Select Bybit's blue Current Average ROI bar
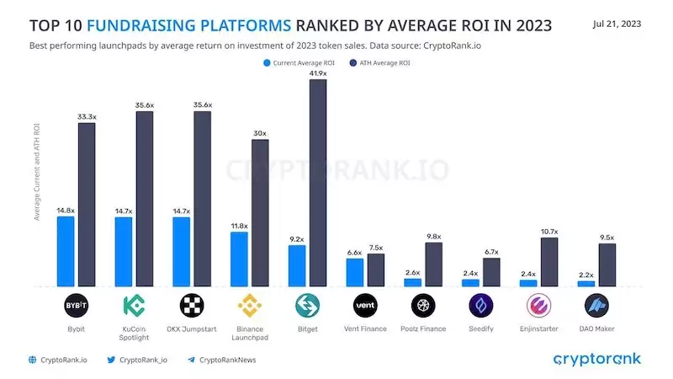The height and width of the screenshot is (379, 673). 66,251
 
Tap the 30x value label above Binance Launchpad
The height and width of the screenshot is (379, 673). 260,133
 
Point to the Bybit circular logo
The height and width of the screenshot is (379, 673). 77,305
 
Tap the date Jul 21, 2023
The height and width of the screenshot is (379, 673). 617,24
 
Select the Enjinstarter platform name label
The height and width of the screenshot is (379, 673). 538,328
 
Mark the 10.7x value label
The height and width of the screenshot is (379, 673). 549,231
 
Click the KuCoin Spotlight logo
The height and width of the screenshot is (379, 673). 134,305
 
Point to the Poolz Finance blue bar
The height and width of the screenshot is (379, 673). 412,282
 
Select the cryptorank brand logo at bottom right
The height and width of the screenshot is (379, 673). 596,360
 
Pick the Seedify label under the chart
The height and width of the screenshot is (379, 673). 480,328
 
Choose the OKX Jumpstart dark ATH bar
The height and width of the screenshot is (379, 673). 202,199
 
